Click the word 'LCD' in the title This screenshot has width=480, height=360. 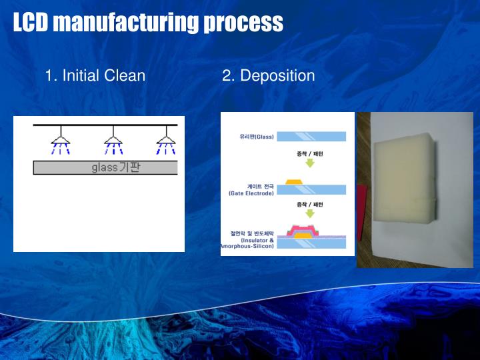(x=31, y=23)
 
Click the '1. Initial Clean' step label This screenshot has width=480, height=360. (x=95, y=75)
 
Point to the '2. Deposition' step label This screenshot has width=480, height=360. (x=268, y=75)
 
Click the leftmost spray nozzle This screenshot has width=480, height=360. (x=61, y=141)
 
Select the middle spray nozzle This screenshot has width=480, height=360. (x=113, y=141)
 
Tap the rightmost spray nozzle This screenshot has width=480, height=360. (x=165, y=141)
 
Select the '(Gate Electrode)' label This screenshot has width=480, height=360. (x=251, y=193)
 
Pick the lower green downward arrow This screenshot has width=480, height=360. (x=309, y=213)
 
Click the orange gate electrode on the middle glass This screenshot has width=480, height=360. (x=293, y=181)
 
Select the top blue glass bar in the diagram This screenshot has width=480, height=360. (x=311, y=137)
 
